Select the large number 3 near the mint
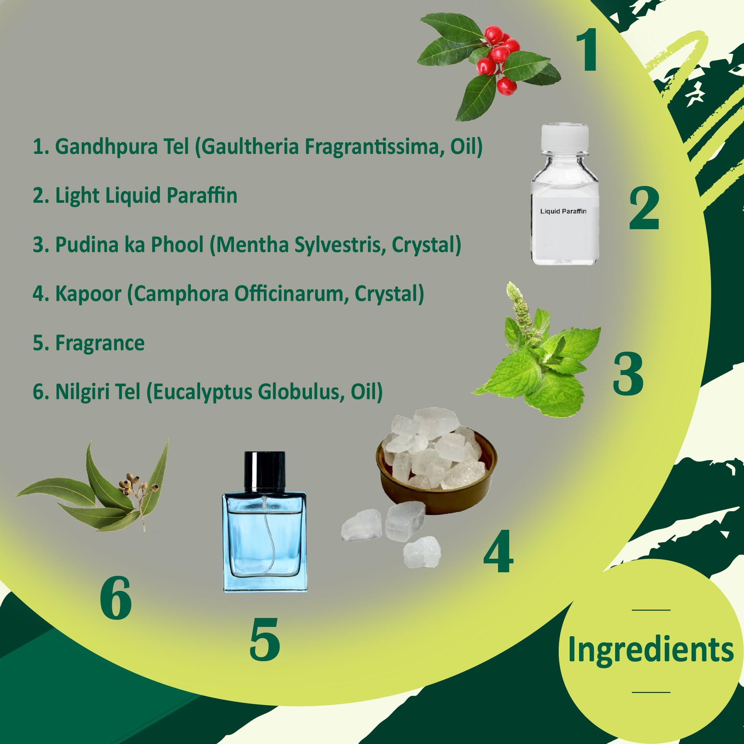click(x=628, y=375)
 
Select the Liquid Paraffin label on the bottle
click(x=563, y=211)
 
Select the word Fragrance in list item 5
click(x=100, y=343)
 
